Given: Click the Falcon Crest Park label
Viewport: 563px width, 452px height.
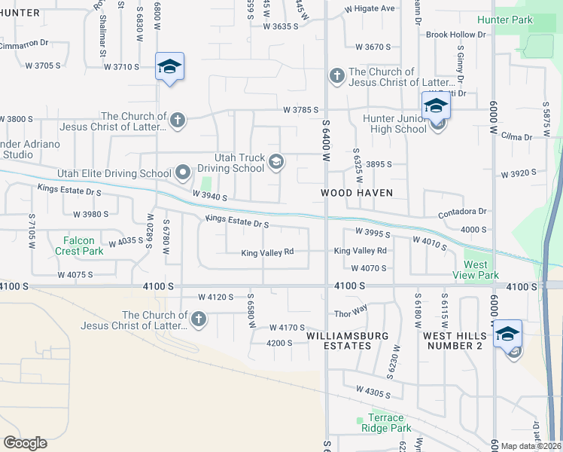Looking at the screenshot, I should click(x=78, y=246).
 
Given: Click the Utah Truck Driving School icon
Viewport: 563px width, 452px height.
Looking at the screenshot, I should click(x=276, y=160).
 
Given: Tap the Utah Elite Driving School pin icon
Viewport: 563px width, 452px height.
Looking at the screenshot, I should click(x=183, y=173).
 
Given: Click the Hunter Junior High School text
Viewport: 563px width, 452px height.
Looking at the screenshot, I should click(x=394, y=124).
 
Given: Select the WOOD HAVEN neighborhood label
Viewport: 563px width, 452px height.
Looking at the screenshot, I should click(x=357, y=193).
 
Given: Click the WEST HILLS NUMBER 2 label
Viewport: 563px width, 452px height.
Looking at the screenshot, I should click(x=452, y=340).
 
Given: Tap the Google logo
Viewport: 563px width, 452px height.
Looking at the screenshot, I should click(x=25, y=443).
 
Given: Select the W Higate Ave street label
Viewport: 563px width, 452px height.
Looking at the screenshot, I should click(x=370, y=9).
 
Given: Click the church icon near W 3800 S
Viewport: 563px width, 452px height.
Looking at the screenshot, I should click(x=178, y=119).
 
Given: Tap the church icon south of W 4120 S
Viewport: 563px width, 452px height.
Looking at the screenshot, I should click(x=199, y=319).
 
